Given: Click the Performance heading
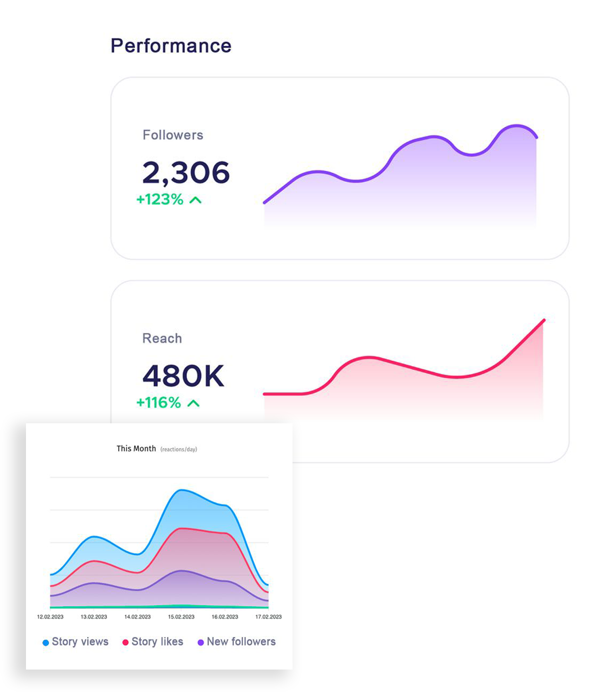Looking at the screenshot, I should tap(171, 46).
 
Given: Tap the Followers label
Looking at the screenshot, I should tap(173, 135).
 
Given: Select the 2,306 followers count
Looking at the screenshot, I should tap(186, 172).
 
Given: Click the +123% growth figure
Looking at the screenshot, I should tap(160, 199).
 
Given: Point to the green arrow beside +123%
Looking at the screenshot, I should tap(195, 200).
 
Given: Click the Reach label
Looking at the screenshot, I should tap(162, 339).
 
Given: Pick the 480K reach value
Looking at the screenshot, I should tap(183, 376).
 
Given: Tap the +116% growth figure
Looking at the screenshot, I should tap(158, 403).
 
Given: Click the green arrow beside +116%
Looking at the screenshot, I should tap(193, 403).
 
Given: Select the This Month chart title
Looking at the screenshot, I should tap(136, 449).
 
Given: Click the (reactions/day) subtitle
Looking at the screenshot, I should tap(178, 449).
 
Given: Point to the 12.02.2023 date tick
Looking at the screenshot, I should tap(50, 617).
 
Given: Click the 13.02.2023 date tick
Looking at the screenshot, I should tap(94, 617).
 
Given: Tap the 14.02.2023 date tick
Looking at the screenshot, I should tap(138, 617).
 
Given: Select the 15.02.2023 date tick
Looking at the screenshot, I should tap(181, 617).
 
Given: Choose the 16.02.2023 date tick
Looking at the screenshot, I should tap(225, 617).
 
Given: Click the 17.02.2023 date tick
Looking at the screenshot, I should tap(269, 617).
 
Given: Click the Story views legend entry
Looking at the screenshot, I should tap(75, 642).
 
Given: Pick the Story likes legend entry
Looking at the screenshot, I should tap(153, 642).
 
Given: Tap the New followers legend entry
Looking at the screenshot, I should tap(237, 642).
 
